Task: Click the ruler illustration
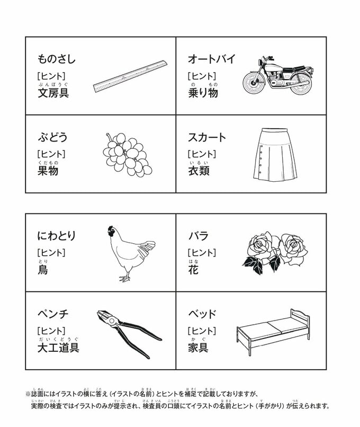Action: [x=130, y=76]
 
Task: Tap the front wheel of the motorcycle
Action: [x=254, y=82]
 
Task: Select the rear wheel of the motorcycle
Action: [x=300, y=83]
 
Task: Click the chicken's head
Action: [x=111, y=231]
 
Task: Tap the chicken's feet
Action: [x=124, y=278]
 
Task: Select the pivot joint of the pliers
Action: [x=111, y=322]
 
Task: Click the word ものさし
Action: [x=56, y=59]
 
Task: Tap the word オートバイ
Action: [x=211, y=59]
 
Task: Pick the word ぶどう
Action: [x=52, y=137]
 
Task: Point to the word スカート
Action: [x=207, y=137]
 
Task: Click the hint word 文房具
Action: [x=53, y=93]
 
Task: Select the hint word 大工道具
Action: [x=59, y=348]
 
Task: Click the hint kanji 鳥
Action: [x=43, y=270]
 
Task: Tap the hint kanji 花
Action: [x=193, y=270]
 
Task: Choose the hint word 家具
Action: [x=199, y=348]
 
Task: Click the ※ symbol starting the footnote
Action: [x=28, y=394]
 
